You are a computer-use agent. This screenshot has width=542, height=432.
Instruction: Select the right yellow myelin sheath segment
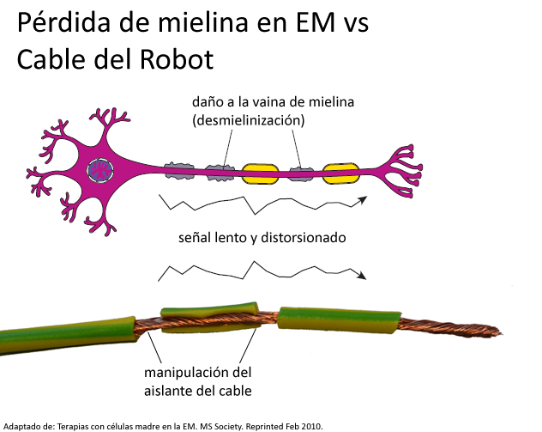(340, 173)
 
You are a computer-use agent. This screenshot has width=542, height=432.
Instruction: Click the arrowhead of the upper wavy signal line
(365, 199)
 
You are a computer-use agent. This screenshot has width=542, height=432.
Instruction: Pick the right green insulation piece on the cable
(339, 319)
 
